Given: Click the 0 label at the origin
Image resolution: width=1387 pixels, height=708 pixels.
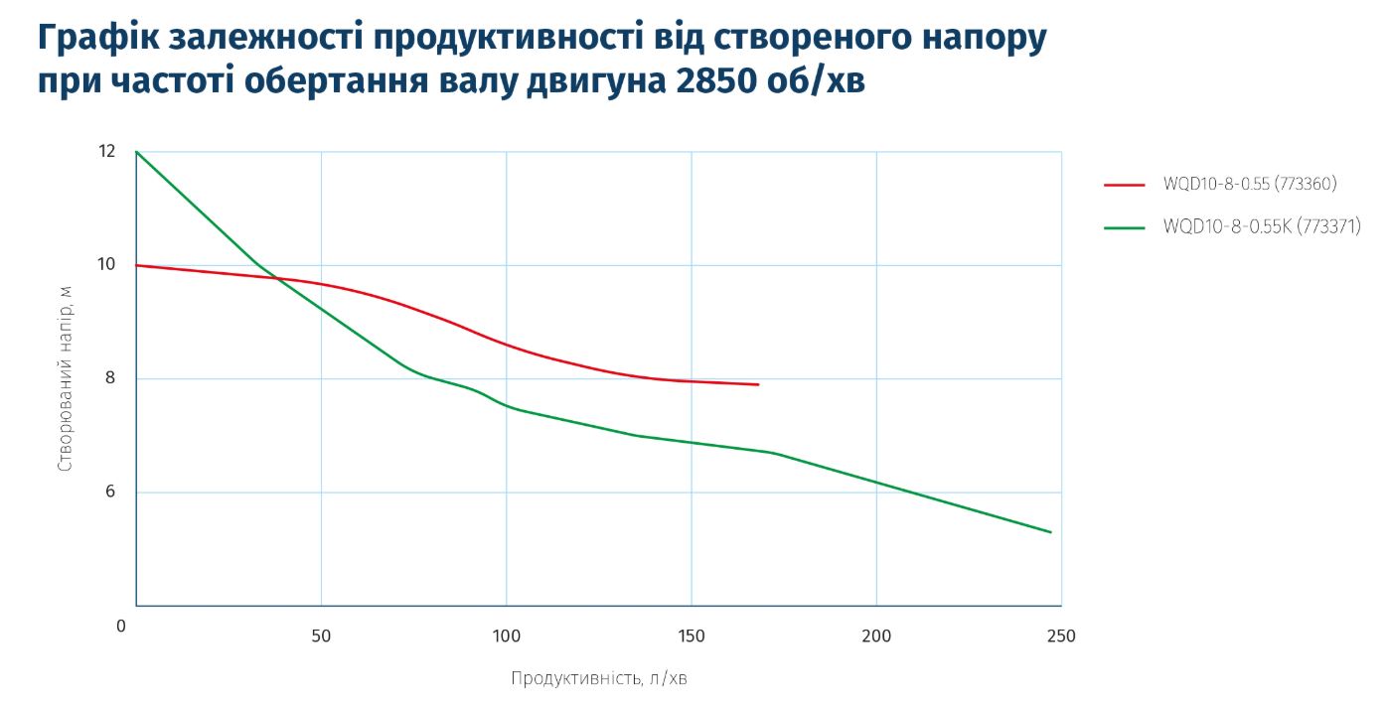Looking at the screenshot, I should coord(121,627).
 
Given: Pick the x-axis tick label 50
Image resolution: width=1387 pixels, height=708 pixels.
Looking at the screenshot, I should coord(321,636).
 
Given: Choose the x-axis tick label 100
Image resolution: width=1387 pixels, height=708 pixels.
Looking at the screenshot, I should coord(506,636).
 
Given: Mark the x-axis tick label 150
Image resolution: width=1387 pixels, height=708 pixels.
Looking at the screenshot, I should coord(691,636).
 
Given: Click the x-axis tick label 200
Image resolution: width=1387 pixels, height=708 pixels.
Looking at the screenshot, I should coord(875,636).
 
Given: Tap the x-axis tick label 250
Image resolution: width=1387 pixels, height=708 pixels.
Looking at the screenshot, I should coord(1061,636).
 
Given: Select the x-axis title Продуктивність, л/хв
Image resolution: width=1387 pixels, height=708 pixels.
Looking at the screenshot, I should coord(598,679).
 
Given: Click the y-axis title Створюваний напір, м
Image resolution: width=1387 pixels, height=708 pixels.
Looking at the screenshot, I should coord(65,378).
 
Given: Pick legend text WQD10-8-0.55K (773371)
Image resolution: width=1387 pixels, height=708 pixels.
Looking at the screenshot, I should coord(1261,227).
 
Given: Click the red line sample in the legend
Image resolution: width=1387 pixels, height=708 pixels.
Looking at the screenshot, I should coord(1126,185).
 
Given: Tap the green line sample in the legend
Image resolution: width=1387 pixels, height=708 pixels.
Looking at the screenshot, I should coord(1126,228).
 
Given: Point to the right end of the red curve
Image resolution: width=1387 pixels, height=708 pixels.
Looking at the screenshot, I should coord(758,384).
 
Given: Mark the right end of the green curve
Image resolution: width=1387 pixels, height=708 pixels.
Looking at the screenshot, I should coord(1050,532).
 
